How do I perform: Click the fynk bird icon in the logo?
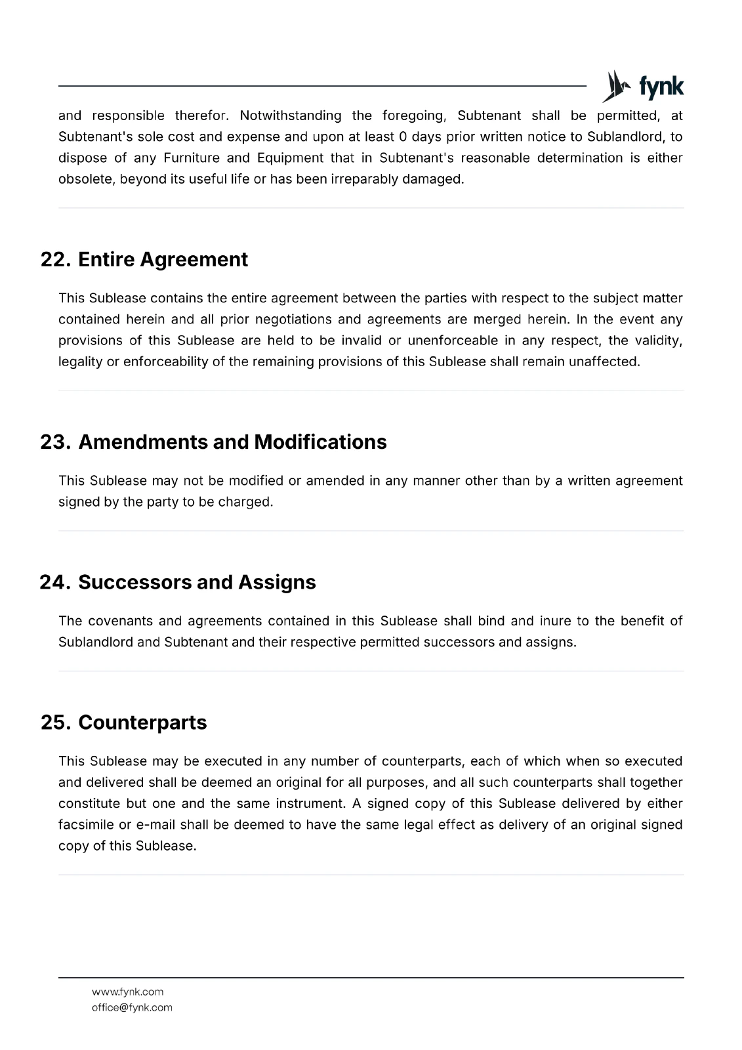[x=614, y=87]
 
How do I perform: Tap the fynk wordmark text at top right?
[x=661, y=87]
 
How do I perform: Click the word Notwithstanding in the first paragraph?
[x=290, y=116]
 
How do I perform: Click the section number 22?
[x=55, y=260]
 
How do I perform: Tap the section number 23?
[x=55, y=442]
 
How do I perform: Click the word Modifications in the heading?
[x=320, y=442]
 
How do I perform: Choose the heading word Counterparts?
[x=142, y=723]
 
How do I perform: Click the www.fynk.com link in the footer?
[x=127, y=992]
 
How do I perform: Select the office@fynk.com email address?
[x=132, y=1008]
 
